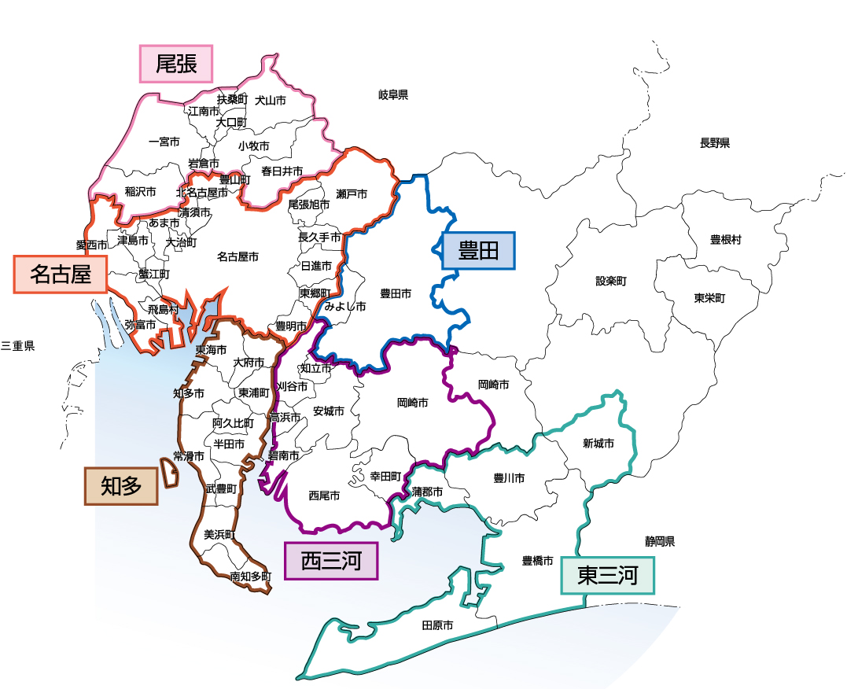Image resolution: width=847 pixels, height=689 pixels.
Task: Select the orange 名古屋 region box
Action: pos(60,274)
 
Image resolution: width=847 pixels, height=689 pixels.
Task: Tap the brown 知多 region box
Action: pos(121,486)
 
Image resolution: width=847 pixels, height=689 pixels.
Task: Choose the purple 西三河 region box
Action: pos(331,562)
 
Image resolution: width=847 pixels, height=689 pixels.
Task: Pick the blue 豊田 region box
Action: pos(478,252)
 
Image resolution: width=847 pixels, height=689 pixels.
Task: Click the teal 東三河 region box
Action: pos(606,576)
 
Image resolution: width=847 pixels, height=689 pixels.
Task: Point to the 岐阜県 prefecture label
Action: pos(393,95)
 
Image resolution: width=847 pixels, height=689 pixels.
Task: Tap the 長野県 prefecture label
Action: pos(715,143)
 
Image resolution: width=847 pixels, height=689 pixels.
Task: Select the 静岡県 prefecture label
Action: pos(661,541)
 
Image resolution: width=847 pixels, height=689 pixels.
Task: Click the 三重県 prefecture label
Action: pos(18,346)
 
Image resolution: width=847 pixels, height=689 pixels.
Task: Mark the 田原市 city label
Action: pos(437,626)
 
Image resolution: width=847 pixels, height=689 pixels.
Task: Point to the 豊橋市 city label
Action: pos(538,562)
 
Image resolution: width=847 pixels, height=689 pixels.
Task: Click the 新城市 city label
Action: pos(598,444)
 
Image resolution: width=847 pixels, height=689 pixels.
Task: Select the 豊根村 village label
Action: pos(725,240)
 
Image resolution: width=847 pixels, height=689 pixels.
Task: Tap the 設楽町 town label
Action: pos(611,281)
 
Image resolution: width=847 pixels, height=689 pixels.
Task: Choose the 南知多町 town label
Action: pos(250,577)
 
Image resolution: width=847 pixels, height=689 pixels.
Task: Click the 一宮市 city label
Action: pos(164,142)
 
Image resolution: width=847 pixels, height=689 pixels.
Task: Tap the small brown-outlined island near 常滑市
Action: pos(169,470)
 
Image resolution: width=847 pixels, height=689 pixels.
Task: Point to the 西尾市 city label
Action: pos(324,496)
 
